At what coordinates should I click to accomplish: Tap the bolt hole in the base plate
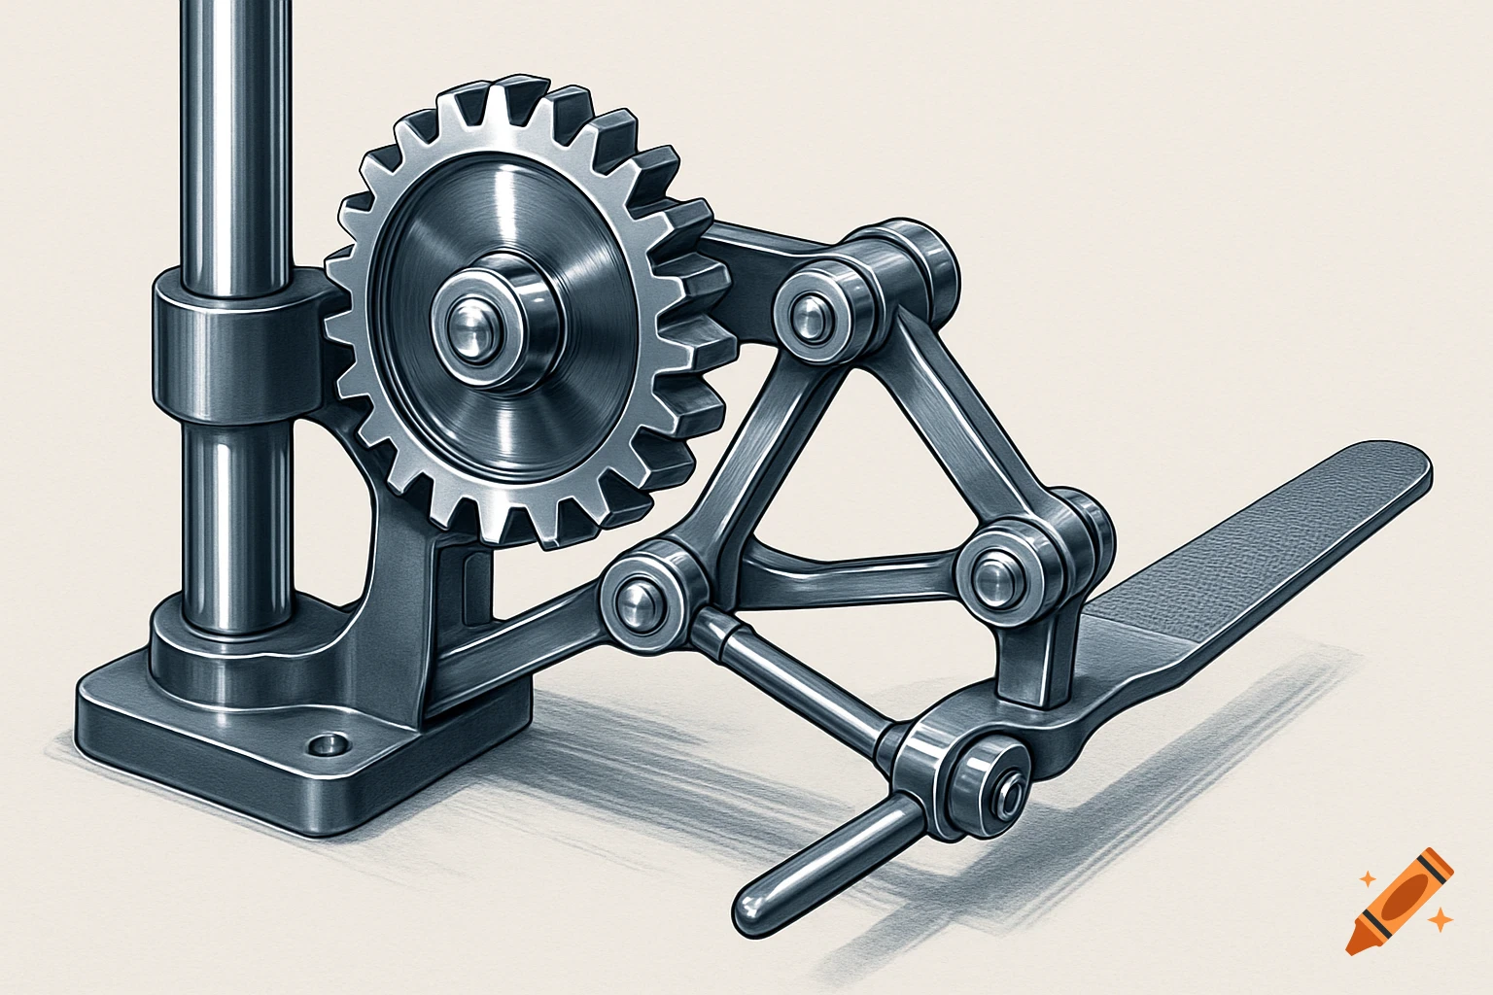click(x=327, y=745)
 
